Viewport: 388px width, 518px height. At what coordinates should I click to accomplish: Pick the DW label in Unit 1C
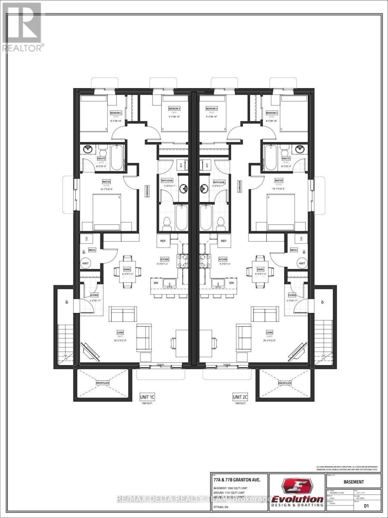tap(158, 283)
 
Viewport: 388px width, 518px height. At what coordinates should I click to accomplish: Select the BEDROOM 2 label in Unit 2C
tap(272, 112)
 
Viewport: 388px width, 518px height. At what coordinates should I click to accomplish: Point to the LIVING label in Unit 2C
tap(269, 332)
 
